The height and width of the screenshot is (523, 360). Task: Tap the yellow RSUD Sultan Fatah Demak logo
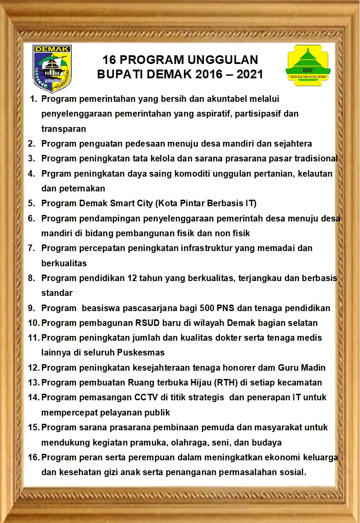tap(308, 65)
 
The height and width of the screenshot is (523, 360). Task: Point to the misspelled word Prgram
tap(55, 174)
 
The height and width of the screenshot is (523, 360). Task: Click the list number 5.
tap(31, 203)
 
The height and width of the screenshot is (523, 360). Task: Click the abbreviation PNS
tap(228, 308)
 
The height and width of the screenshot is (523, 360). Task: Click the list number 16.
tap(33, 457)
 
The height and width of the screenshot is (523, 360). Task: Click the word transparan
tap(63, 129)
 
